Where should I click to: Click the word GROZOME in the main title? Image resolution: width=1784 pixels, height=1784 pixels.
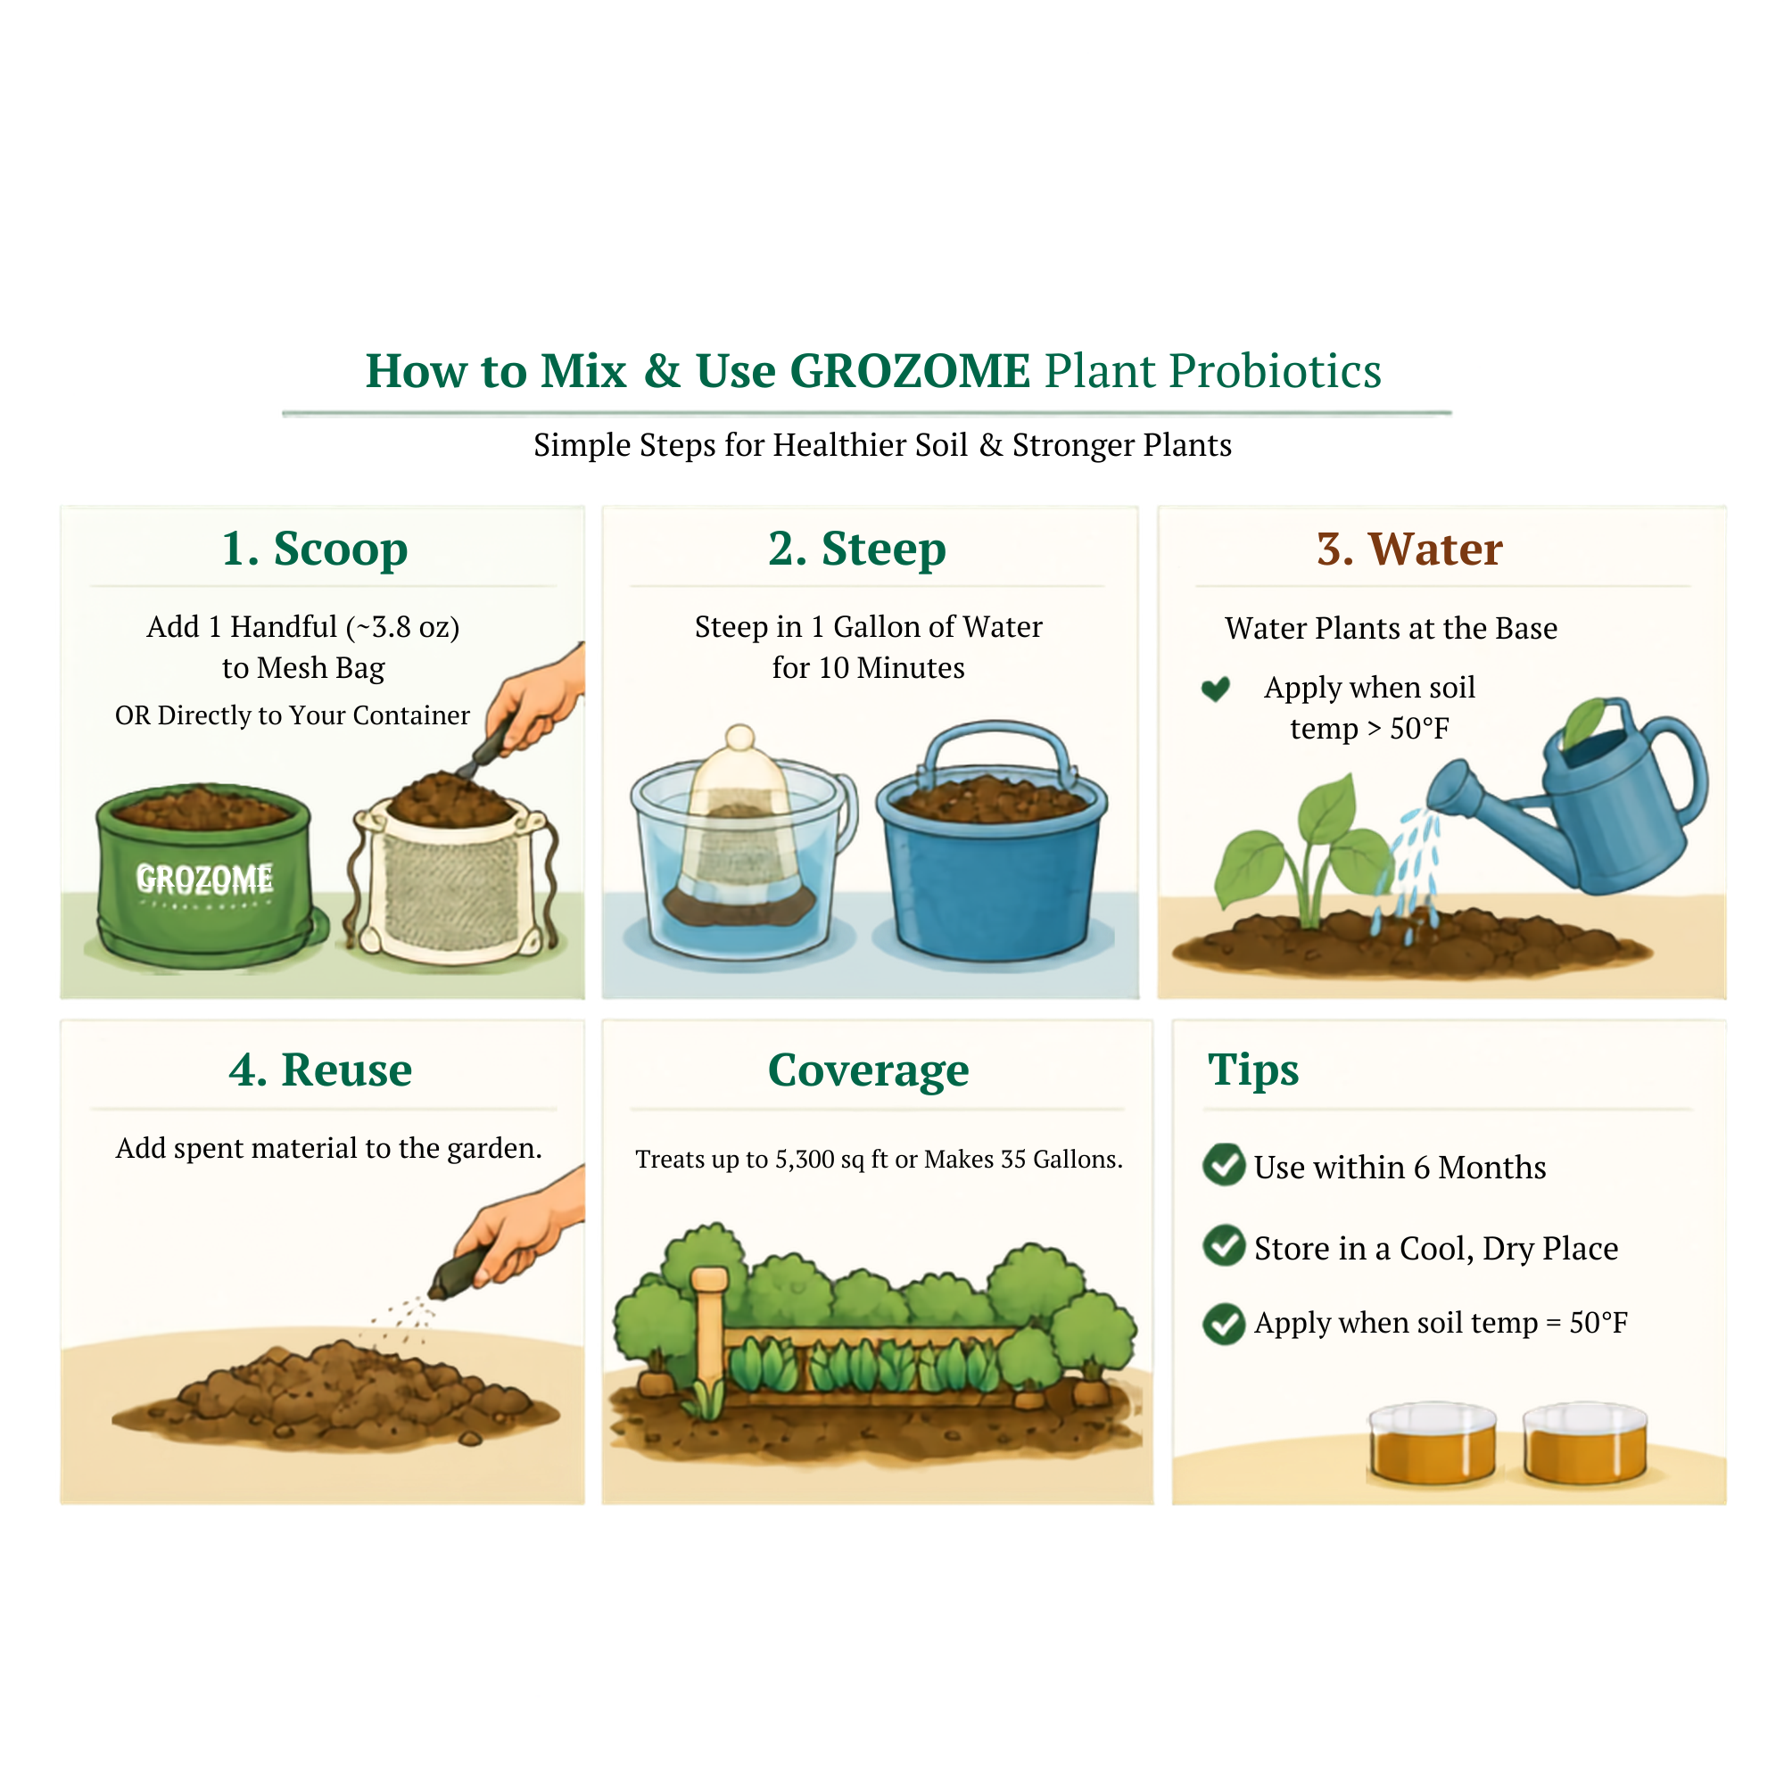pyautogui.click(x=910, y=371)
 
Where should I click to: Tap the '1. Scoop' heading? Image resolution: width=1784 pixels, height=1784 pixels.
pyautogui.click(x=315, y=549)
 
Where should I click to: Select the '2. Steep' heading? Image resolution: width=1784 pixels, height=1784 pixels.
pyautogui.click(x=857, y=549)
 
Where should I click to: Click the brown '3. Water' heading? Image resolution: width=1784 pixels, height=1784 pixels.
pyautogui.click(x=1409, y=549)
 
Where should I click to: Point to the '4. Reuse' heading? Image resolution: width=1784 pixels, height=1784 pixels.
pyautogui.click(x=320, y=1070)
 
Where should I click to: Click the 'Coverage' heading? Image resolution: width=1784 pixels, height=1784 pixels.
pyautogui.click(x=868, y=1071)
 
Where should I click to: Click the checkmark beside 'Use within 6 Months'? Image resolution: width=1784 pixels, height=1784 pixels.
pyautogui.click(x=1225, y=1164)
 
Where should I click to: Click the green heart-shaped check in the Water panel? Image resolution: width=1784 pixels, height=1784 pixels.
pyautogui.click(x=1215, y=689)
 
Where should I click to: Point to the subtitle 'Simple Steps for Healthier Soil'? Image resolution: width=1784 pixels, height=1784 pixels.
pyautogui.click(x=751, y=445)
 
